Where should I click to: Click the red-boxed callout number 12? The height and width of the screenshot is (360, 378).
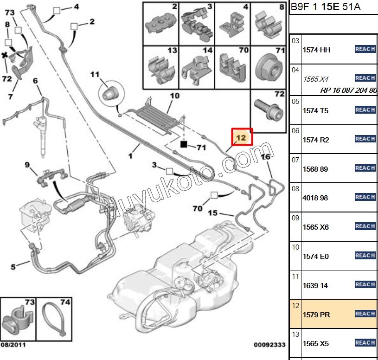click(x=242, y=137)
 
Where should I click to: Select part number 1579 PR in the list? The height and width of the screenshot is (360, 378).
click(x=315, y=315)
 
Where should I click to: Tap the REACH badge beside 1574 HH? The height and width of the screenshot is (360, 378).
click(x=365, y=49)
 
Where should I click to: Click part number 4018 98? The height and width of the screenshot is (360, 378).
click(x=315, y=198)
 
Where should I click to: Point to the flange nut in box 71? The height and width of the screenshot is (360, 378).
click(x=269, y=68)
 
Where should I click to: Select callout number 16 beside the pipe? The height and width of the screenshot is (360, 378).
click(x=266, y=157)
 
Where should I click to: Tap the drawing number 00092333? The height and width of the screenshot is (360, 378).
click(x=269, y=345)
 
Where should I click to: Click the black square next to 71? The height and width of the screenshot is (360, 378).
click(x=184, y=144)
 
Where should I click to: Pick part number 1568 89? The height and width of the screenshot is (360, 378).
click(x=315, y=169)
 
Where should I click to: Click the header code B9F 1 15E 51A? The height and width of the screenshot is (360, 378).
click(x=325, y=7)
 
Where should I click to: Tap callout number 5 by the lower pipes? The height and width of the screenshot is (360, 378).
click(x=13, y=267)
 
